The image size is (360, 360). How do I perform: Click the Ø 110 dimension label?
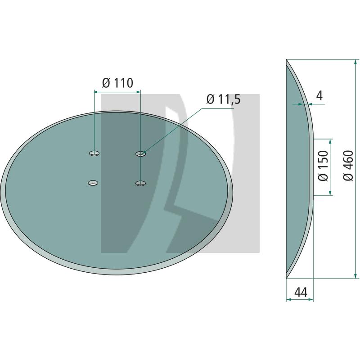(x=117, y=83)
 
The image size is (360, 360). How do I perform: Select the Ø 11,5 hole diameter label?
(x=224, y=99)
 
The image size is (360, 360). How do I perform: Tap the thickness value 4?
(x=319, y=95)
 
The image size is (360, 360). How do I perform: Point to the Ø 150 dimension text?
(x=324, y=166)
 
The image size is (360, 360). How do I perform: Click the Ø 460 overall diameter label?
(x=348, y=166)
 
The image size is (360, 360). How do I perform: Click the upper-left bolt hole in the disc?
(x=94, y=153)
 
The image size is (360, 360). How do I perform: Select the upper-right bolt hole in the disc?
(x=141, y=153)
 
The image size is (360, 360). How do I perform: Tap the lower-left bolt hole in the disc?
(x=93, y=183)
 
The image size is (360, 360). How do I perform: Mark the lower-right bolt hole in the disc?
(x=140, y=183)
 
